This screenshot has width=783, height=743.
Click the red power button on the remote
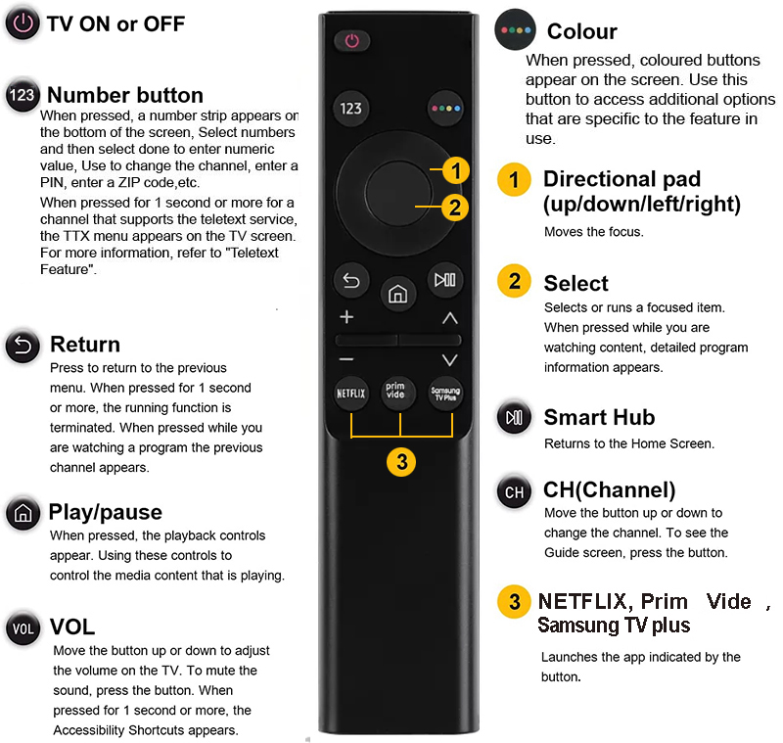[352, 41]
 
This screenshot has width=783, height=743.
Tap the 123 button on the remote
[350, 109]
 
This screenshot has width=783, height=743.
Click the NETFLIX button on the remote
[351, 394]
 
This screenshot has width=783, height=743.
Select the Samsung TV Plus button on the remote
[445, 394]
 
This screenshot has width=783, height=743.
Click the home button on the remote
[398, 294]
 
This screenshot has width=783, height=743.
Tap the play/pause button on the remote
[445, 280]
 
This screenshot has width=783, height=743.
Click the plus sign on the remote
[346, 317]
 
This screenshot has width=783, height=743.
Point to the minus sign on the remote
[346, 359]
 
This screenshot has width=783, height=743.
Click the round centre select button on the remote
[398, 194]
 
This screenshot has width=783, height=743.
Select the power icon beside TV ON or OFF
[23, 23]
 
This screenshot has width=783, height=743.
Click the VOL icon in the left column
[23, 628]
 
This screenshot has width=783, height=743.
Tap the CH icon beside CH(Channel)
[515, 491]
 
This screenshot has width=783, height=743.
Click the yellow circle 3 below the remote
[401, 462]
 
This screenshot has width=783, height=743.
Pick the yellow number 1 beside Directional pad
[514, 180]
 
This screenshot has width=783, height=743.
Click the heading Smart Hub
[599, 417]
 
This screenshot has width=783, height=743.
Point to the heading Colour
[582, 31]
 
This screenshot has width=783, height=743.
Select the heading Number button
[125, 95]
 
